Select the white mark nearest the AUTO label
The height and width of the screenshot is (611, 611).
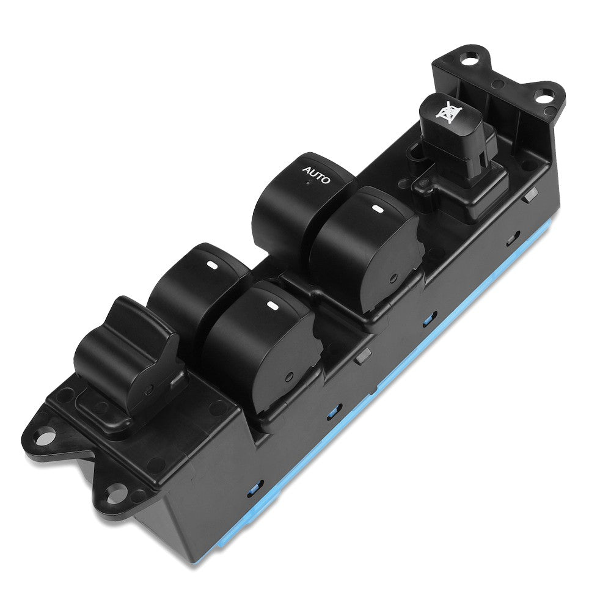coord(377,210)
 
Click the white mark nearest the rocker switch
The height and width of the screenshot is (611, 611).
coord(212,265)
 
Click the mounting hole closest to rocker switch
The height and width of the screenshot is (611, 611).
coord(42,437)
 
